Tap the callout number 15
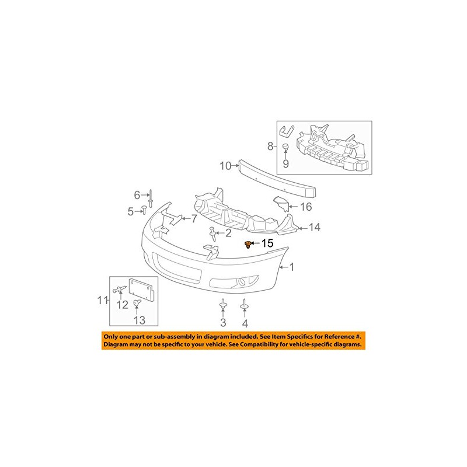click(x=267, y=243)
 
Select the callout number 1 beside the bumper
click(x=292, y=267)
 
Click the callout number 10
click(x=226, y=166)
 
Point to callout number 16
click(x=306, y=207)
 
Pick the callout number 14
click(x=315, y=227)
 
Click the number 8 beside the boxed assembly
click(x=270, y=146)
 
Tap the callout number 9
click(x=286, y=164)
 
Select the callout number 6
click(x=138, y=194)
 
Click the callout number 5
click(x=131, y=211)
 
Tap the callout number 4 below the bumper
click(x=245, y=323)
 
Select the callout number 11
click(x=103, y=301)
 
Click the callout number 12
click(x=123, y=304)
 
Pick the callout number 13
click(x=140, y=319)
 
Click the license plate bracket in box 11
click(x=144, y=290)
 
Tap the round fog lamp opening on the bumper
click(x=240, y=284)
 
